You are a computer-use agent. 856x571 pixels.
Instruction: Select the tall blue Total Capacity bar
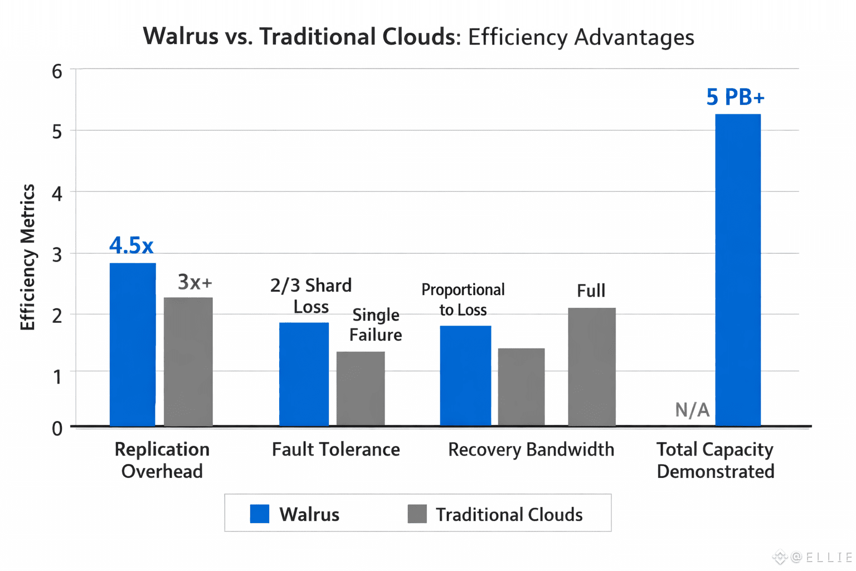pos(738,270)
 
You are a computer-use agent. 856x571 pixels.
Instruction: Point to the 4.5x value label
pos(132,245)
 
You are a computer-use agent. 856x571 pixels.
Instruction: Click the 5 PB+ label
pos(735,98)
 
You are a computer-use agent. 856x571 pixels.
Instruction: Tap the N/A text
pos(692,410)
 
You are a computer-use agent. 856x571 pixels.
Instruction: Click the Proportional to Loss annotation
pos(463,299)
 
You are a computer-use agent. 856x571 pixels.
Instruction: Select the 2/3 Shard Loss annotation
pos(311,296)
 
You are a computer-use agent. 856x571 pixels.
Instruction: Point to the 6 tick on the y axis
pos(57,71)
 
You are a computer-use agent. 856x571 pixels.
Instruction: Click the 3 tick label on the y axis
pos(57,255)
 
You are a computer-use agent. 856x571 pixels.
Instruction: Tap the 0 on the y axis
pos(57,428)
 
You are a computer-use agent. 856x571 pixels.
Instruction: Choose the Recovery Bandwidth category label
pos(531,449)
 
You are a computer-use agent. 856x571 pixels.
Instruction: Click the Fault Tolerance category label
pos(335,449)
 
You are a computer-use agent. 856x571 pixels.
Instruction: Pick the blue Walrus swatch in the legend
pos(260,514)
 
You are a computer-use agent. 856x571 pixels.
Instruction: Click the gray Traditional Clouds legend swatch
pos(417,514)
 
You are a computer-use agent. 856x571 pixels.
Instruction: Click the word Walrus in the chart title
pos(181,37)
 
